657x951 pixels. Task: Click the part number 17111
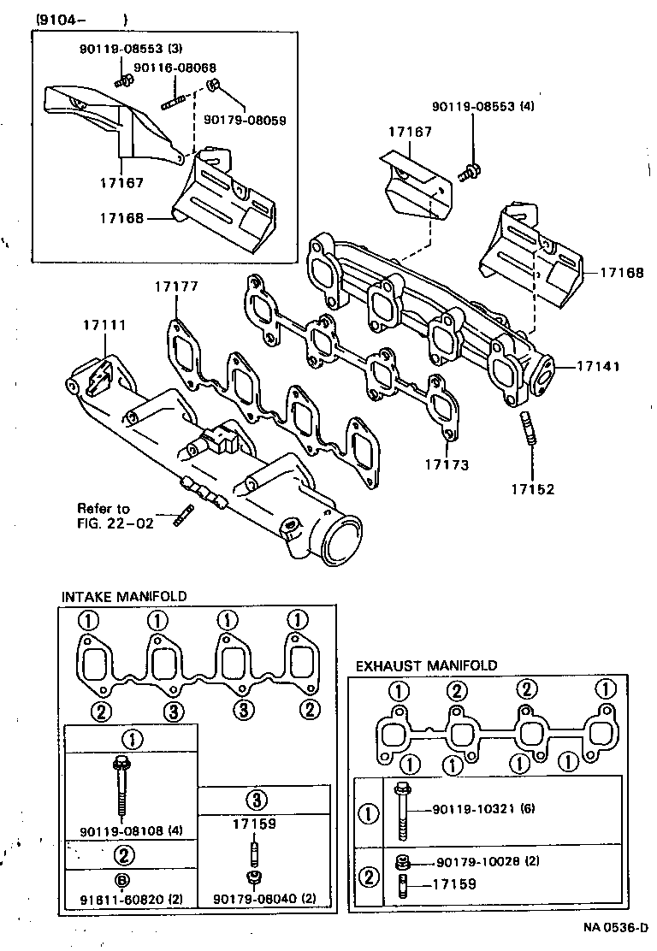click(x=104, y=325)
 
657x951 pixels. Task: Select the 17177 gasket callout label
click(x=176, y=286)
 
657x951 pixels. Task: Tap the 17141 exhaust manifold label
click(x=596, y=365)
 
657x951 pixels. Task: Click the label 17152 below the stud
click(x=533, y=489)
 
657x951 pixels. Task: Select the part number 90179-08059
click(x=245, y=119)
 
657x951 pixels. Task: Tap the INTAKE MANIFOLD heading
click(x=124, y=596)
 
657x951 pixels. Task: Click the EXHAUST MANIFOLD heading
click(x=426, y=665)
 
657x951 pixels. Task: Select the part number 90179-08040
click(x=254, y=898)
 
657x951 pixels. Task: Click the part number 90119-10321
click(x=470, y=809)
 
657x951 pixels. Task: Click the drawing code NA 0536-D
click(x=613, y=928)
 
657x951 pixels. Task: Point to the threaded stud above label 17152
click(x=528, y=428)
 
